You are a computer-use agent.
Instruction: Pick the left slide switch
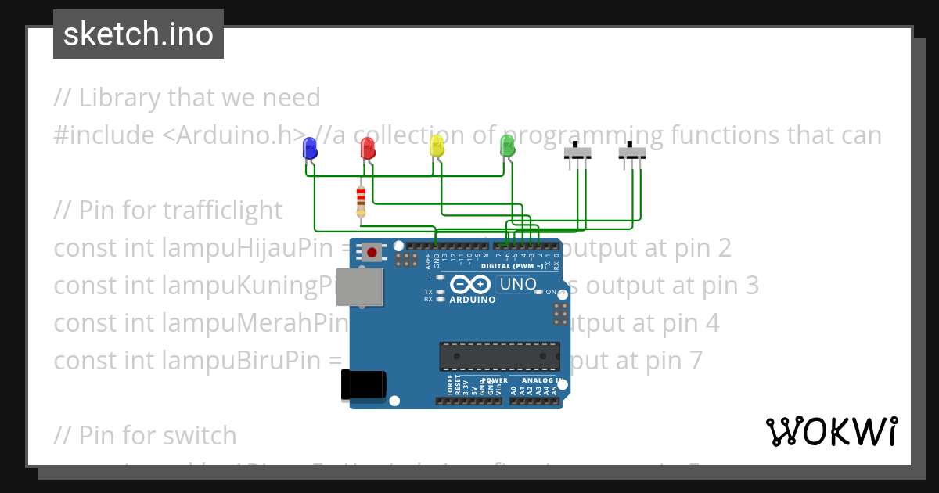click(577, 153)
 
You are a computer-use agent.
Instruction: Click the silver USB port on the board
click(360, 287)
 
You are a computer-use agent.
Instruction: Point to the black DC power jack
click(364, 386)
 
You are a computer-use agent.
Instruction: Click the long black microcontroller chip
click(499, 356)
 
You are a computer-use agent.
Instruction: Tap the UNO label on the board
click(518, 284)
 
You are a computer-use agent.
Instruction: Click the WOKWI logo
click(831, 431)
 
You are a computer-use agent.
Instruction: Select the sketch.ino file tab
click(139, 34)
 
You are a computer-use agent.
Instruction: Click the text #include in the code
click(104, 135)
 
